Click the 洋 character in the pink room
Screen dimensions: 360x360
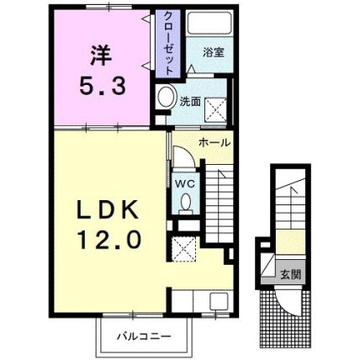(101, 56)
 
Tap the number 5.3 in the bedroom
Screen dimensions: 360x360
(102, 86)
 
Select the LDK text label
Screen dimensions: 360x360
(109, 209)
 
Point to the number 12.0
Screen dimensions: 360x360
(109, 239)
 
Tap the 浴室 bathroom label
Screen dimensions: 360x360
(214, 52)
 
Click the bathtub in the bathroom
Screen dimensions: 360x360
(209, 23)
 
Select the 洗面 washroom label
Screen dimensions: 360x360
(190, 102)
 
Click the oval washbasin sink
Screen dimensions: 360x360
(167, 96)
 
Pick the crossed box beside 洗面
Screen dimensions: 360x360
(215, 110)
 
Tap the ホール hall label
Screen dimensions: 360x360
(214, 143)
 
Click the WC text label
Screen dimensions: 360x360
(185, 184)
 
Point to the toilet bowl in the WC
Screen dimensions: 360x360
(185, 203)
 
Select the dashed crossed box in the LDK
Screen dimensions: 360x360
(183, 249)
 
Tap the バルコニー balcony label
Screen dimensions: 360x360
(144, 336)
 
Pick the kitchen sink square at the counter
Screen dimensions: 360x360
(219, 301)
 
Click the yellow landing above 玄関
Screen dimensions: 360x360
(290, 242)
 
